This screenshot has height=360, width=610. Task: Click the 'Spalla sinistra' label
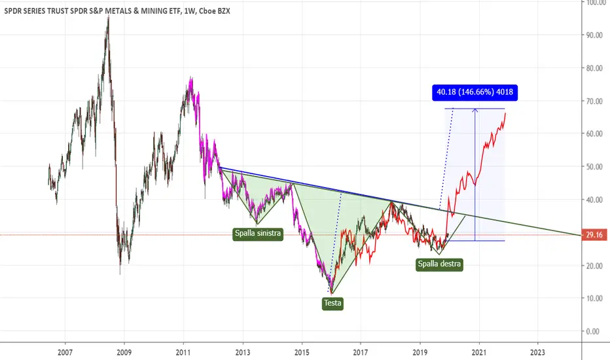(x=258, y=233)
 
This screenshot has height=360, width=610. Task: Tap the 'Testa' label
(x=332, y=303)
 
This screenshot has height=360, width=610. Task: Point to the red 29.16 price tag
(x=594, y=235)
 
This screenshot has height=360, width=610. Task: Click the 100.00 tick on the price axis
(x=595, y=3)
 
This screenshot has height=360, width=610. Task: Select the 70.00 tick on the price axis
(x=595, y=101)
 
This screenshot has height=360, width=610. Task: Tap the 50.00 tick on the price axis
(x=595, y=166)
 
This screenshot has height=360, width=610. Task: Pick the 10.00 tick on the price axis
(x=595, y=298)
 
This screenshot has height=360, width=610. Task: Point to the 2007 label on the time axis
(x=65, y=351)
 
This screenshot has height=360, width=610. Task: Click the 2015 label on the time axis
(x=302, y=351)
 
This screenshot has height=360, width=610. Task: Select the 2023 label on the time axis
(x=538, y=351)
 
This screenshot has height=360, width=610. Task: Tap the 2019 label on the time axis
(x=420, y=351)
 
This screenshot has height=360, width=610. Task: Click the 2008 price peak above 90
(x=108, y=18)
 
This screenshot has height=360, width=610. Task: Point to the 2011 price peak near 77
(x=190, y=78)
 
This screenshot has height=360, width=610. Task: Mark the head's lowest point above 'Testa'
(x=332, y=292)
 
